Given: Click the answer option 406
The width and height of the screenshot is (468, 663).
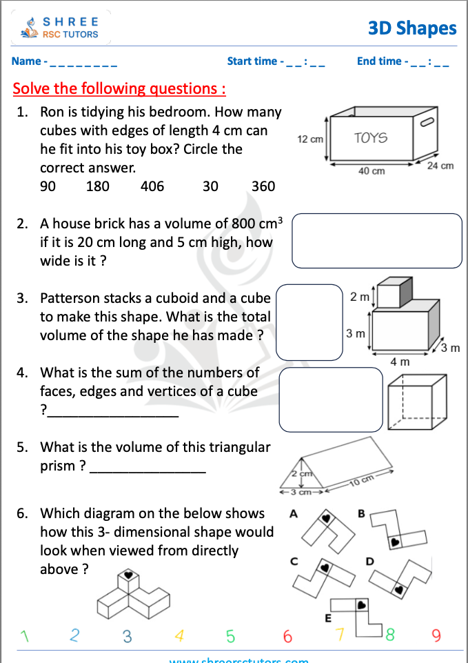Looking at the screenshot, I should pos(152,186).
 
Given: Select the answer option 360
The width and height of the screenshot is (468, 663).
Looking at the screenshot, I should pos(263,186).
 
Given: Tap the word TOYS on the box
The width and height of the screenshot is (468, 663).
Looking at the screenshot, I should pos(371,138).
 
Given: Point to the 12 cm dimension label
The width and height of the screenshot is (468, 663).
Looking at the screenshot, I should pos(310,139).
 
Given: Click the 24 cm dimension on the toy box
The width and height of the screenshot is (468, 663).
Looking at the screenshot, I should pos(440,166).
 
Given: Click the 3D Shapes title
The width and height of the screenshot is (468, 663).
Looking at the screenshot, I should pos(412,28).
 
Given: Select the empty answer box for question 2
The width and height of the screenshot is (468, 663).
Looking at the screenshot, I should pos(376,240).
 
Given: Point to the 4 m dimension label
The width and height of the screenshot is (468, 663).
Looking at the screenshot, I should pos(400,362).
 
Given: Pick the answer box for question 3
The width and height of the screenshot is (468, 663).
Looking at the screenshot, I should pos(309,322).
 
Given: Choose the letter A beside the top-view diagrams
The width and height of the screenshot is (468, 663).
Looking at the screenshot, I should pos(294,514).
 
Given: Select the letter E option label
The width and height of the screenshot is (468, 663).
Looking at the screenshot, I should pos(328,617).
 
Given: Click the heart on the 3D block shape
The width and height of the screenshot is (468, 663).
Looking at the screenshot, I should pos(128,574).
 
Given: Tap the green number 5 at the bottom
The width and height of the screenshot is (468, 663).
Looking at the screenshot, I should pos(230,635).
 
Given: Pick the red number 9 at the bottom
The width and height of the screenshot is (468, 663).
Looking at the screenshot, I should pos(436,635).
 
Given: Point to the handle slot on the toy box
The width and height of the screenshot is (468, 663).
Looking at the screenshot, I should pos(426,123).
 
